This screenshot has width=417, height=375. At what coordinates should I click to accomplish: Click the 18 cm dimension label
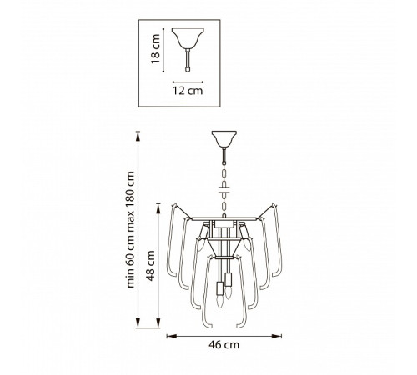tap(156, 49)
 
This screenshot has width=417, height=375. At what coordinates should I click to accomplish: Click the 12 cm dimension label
tap(188, 91)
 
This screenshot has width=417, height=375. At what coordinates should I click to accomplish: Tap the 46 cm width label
tap(224, 345)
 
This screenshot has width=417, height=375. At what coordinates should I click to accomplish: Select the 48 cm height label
tap(150, 266)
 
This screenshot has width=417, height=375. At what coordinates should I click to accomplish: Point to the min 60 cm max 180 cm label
tap(130, 229)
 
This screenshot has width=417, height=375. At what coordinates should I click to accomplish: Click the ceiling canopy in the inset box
tap(188, 37)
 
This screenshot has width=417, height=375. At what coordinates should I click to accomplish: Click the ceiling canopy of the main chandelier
tap(224, 139)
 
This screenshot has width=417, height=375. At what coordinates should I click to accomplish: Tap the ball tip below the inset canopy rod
tap(188, 69)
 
